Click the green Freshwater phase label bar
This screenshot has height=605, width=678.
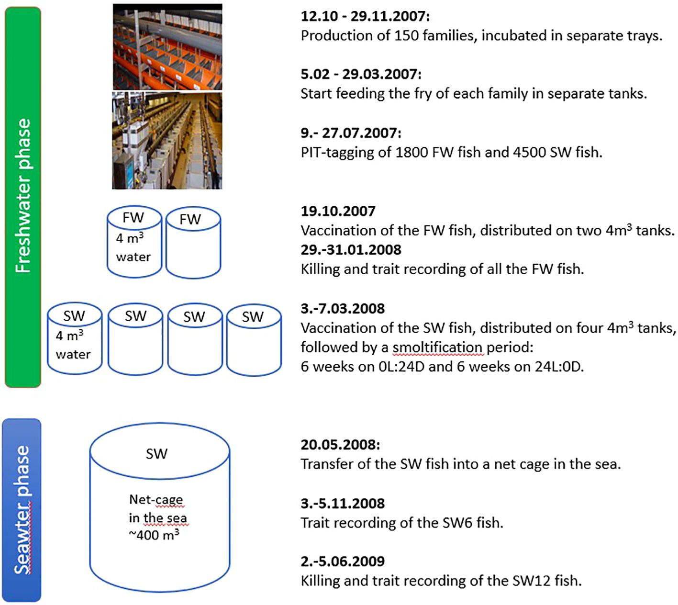click(x=23, y=197)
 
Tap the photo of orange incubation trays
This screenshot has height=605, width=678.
click(x=167, y=46)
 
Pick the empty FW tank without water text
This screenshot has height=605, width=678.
click(x=193, y=244)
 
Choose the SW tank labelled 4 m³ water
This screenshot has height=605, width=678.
click(x=74, y=339)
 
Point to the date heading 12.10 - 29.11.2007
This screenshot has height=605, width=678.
click(x=365, y=16)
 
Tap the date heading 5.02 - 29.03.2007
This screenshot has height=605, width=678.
click(x=361, y=74)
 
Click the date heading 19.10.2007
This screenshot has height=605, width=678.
click(x=338, y=211)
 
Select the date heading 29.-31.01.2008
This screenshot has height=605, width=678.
click(x=351, y=250)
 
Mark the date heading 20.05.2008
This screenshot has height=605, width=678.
click(x=340, y=445)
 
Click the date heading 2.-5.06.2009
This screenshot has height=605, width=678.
click(x=343, y=561)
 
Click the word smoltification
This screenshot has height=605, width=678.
click(x=437, y=347)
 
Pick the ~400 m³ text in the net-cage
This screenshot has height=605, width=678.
click(x=154, y=535)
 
